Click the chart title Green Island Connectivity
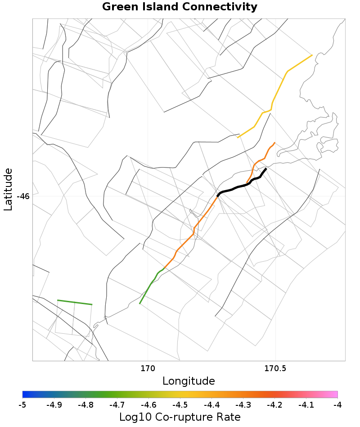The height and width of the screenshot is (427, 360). pyautogui.click(x=180, y=7)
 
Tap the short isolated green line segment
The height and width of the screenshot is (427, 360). pyautogui.click(x=75, y=302)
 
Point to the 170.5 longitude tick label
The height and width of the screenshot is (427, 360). pyautogui.click(x=274, y=369)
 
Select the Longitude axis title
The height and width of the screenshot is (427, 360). pyautogui.click(x=189, y=381)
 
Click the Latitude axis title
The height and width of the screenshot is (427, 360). pyautogui.click(x=8, y=189)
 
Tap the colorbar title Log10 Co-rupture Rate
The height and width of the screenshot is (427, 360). pyautogui.click(x=180, y=417)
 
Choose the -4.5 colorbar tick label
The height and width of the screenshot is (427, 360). pyautogui.click(x=180, y=405)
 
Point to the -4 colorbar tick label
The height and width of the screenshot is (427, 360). pyautogui.click(x=337, y=405)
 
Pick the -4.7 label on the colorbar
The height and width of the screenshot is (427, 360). pyautogui.click(x=117, y=405)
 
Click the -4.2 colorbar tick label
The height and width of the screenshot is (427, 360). pyautogui.click(x=274, y=405)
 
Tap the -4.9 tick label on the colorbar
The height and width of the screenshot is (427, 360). pyautogui.click(x=54, y=405)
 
